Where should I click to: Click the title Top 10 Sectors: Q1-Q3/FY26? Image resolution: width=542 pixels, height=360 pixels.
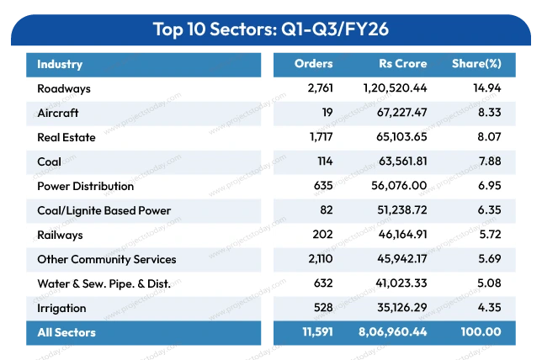click(x=270, y=29)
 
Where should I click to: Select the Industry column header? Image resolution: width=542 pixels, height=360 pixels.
click(x=59, y=64)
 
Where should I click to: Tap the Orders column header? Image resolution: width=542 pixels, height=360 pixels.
click(x=313, y=64)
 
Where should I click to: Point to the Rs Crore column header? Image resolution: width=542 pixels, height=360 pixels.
click(x=402, y=64)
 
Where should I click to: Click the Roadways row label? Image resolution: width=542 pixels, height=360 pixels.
click(x=64, y=88)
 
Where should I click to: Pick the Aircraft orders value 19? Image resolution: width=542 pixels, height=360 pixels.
click(x=326, y=113)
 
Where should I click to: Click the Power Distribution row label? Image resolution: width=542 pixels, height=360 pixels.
click(x=85, y=186)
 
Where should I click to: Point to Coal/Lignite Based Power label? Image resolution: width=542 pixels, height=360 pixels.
click(x=104, y=210)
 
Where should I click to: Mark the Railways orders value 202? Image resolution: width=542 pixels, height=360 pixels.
click(x=322, y=235)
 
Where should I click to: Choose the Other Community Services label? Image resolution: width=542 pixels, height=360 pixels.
click(x=107, y=259)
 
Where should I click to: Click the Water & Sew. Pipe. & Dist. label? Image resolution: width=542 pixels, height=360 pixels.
click(x=104, y=283)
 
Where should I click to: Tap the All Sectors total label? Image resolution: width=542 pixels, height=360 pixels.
click(x=66, y=332)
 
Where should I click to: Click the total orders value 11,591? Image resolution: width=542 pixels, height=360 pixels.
click(x=316, y=332)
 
